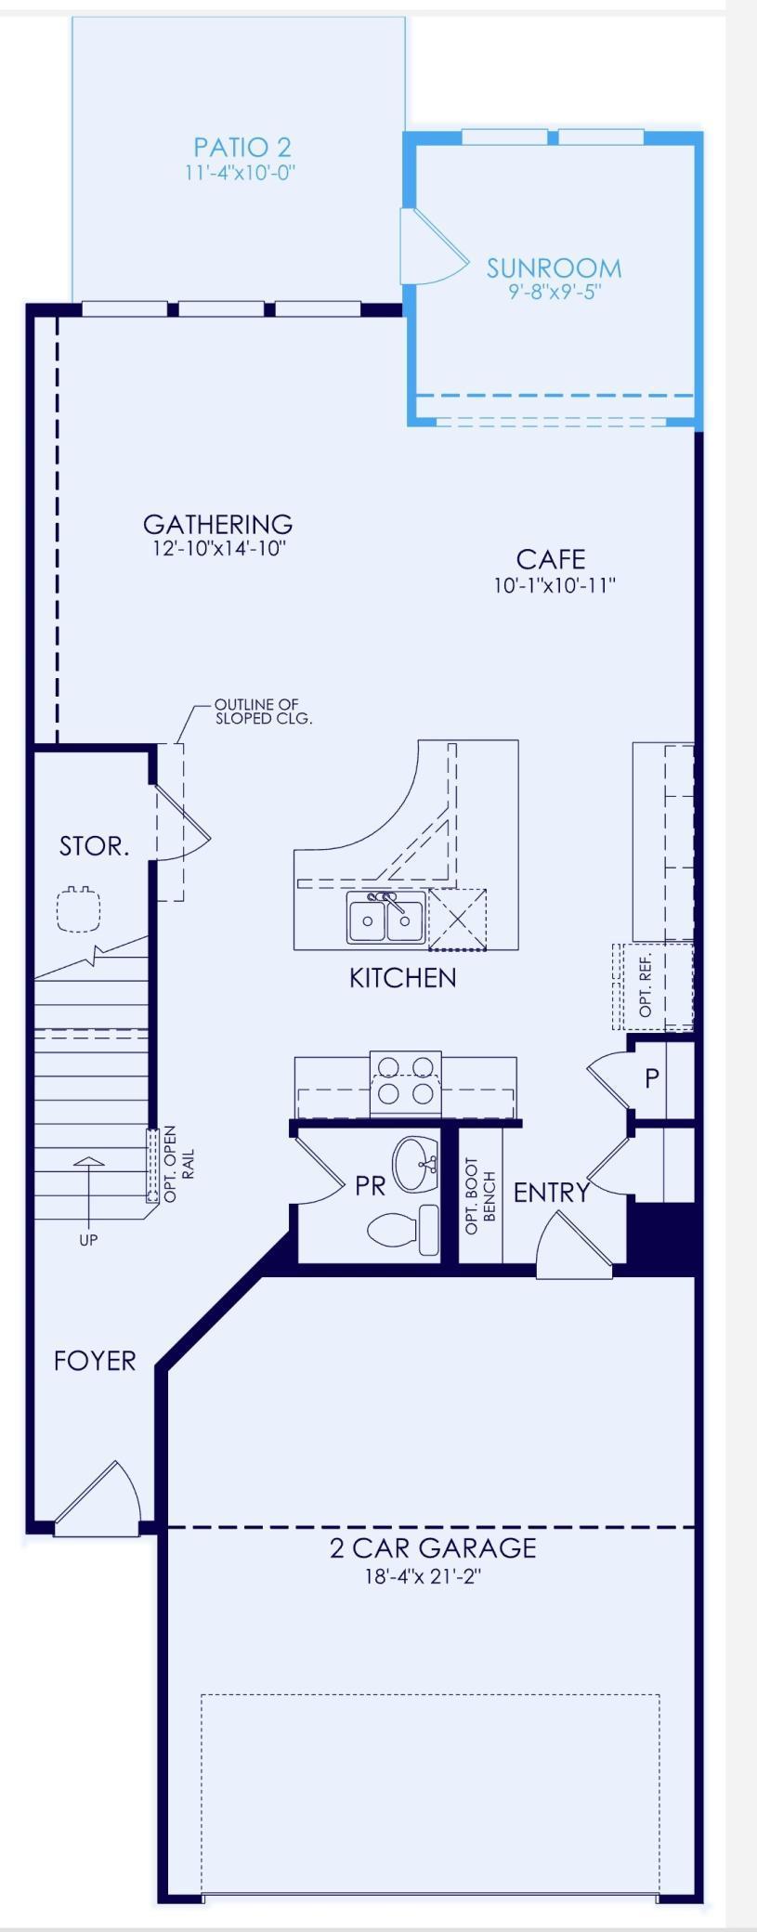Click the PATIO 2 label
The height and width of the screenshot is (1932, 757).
241,147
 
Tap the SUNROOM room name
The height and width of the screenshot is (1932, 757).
555,268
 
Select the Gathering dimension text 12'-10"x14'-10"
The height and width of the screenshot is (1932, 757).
219,548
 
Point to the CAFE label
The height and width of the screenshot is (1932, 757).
552,559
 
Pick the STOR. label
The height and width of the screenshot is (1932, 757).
94,846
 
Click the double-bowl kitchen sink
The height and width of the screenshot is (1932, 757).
386,918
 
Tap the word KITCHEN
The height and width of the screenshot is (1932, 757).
403,977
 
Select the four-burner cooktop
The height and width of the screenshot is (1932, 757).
406,1083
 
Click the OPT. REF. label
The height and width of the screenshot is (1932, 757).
646,985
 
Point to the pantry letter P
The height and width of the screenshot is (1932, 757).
652,1077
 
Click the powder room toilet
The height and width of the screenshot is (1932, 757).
404,1230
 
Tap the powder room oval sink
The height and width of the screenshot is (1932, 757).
416,1164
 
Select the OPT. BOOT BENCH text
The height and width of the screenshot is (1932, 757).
481,1195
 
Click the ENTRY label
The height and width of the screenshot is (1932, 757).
552,1193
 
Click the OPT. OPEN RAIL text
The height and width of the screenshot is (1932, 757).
178,1164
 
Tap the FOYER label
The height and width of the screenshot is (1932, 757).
95,1361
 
